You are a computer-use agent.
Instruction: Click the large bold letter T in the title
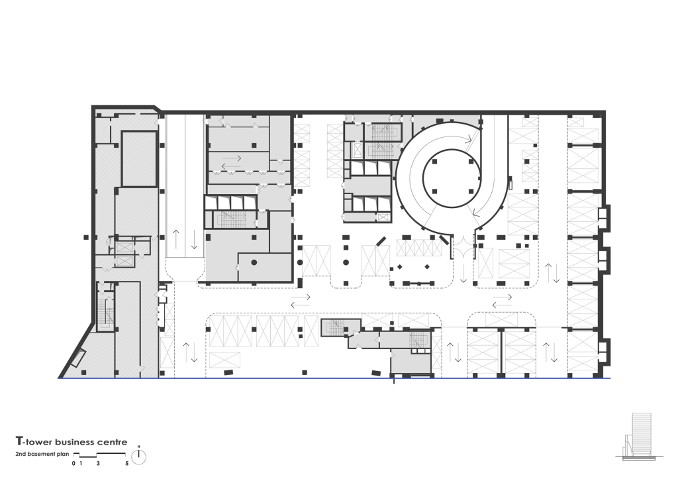[x=19, y=441]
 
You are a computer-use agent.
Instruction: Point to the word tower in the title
[x=38, y=442]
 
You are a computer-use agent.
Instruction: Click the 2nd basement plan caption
[x=42, y=454]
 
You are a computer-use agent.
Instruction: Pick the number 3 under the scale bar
[x=98, y=463]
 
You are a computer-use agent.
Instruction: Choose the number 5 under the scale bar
[x=126, y=463]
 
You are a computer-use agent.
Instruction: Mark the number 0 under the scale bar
[x=73, y=463]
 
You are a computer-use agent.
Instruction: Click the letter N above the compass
[x=138, y=447]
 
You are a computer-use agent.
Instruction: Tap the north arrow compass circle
[x=138, y=457]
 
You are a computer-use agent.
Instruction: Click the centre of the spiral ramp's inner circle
[x=452, y=179]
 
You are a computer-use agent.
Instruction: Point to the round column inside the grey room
[x=254, y=262]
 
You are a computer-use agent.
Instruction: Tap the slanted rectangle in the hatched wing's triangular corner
[x=79, y=358]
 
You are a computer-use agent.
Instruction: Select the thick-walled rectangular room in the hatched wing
[x=139, y=159]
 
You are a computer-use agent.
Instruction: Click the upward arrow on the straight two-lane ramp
[x=176, y=239]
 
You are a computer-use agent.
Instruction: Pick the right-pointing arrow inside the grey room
[x=231, y=158]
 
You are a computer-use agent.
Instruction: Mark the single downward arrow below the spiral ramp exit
[x=463, y=273]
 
